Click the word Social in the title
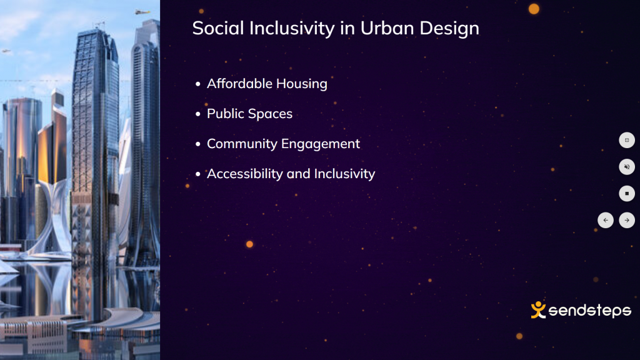point(218,28)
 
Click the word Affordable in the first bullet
point(239,83)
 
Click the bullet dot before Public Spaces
point(198,114)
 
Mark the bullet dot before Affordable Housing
point(198,84)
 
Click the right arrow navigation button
point(627,221)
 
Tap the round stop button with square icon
point(627,194)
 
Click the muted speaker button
point(627,167)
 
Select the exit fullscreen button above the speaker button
point(627,140)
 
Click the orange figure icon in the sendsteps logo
point(538,310)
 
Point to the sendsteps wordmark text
point(590,311)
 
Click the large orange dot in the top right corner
point(534,9)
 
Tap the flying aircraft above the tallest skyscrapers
point(142,12)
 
